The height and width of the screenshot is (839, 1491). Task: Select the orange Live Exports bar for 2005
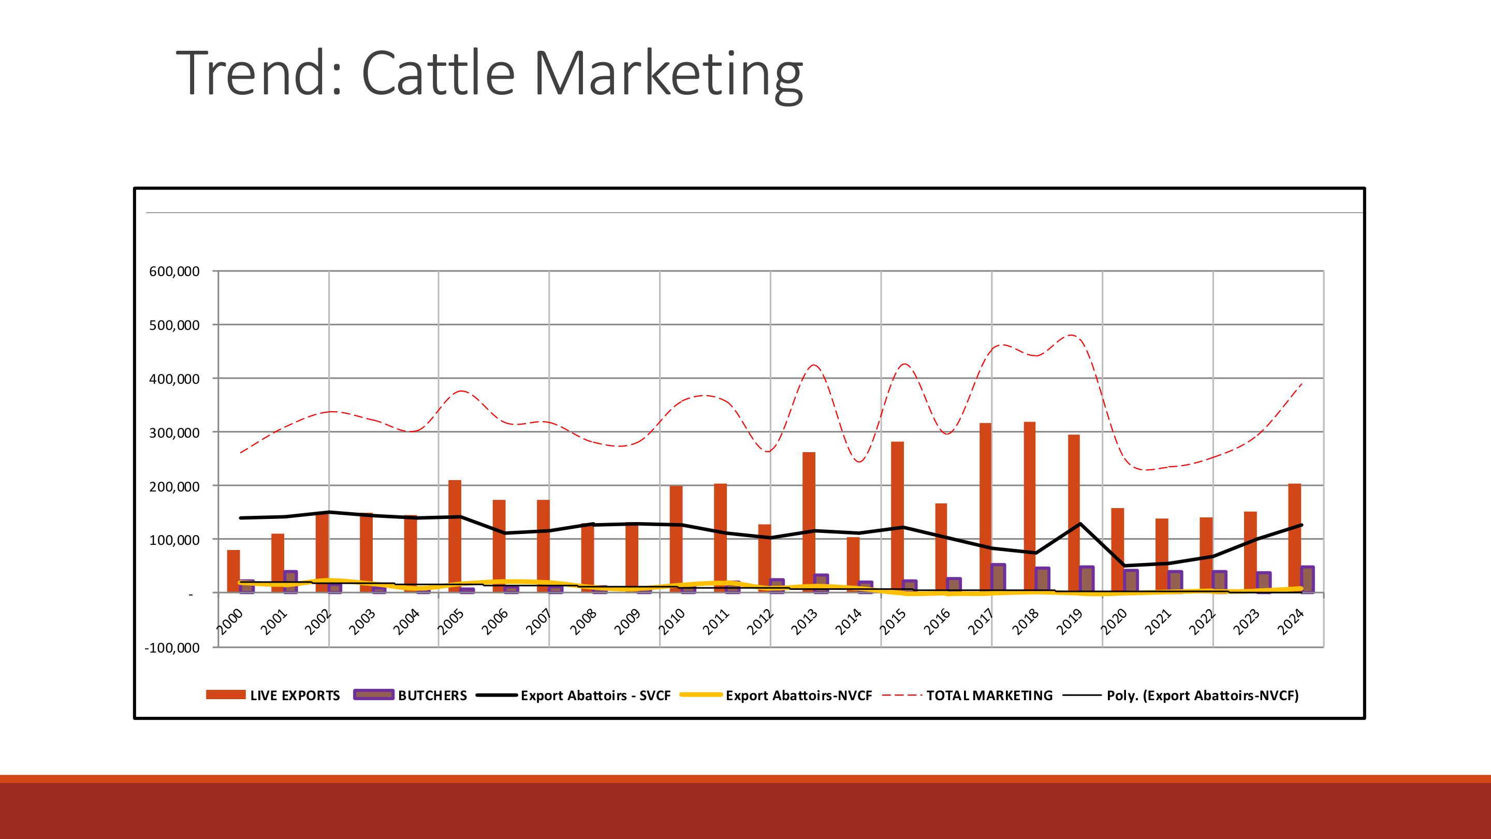455,533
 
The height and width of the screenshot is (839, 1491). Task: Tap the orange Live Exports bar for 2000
233,570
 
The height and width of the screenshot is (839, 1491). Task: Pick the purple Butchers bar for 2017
998,578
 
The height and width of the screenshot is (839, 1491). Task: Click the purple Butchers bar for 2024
1307,579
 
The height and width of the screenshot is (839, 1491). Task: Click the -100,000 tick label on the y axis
172,647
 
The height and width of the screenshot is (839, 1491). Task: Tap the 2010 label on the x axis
673,622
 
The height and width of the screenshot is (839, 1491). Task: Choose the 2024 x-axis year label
1291,622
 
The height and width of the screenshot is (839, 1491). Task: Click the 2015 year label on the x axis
894,622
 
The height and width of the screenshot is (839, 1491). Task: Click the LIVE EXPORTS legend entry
295,696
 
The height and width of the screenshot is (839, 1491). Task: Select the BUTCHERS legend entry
432,696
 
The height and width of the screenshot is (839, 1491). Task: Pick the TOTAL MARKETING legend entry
989,696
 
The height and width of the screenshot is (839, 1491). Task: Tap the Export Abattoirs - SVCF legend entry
595,696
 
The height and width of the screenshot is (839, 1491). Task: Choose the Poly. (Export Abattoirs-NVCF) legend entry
1202,696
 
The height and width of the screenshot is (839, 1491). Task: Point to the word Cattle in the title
437,74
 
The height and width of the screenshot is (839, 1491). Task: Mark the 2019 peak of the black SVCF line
1080,524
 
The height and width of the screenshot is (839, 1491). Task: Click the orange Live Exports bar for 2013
809,521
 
